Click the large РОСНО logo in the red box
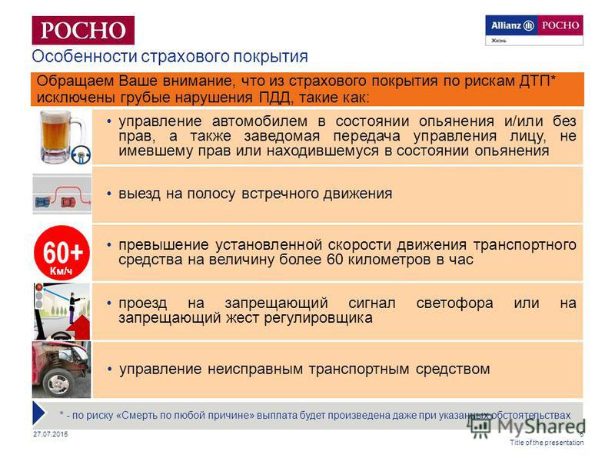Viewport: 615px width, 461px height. [83, 30]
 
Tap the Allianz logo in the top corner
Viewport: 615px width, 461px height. [512, 25]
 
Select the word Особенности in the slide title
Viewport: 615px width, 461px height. [85, 56]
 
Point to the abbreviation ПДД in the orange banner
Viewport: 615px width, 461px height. [275, 98]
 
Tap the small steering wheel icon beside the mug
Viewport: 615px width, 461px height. [81, 154]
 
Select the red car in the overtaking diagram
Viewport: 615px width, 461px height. [68, 202]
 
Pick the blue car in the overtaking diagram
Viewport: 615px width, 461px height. [42, 202]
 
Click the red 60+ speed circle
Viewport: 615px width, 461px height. [62, 253]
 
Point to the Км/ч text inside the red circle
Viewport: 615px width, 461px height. [61, 270]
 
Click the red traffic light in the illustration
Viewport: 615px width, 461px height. [39, 287]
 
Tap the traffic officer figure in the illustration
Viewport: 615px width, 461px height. [73, 307]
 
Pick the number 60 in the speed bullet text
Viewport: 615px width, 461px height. [335, 260]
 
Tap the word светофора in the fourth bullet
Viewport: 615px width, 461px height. [454, 303]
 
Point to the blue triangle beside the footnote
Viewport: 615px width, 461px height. [39, 413]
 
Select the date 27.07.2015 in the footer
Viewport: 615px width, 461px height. [51, 434]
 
